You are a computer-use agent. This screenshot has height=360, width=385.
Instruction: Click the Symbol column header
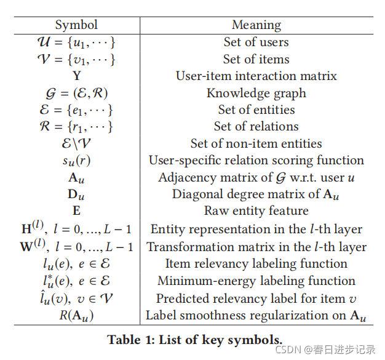[76, 25]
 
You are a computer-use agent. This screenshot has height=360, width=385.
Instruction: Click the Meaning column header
[256, 25]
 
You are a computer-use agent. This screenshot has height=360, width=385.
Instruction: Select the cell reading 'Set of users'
[256, 42]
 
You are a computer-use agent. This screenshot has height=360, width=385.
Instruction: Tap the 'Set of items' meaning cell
[256, 59]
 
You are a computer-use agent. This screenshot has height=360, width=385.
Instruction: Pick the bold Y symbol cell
[76, 76]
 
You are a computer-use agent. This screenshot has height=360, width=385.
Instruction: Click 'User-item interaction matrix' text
[256, 76]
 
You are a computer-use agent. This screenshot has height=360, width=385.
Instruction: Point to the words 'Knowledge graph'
[256, 94]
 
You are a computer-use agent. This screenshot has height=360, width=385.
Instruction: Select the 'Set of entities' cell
[256, 110]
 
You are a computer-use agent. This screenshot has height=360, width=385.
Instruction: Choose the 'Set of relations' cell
[256, 127]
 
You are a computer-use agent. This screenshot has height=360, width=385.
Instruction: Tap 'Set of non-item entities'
[256, 144]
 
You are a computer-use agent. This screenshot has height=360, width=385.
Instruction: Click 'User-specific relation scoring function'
[256, 161]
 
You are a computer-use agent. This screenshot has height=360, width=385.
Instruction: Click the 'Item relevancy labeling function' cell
[256, 263]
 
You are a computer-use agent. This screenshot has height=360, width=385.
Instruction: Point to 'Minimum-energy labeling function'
[256, 281]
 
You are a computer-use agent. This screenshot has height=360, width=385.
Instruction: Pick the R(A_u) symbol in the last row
[76, 316]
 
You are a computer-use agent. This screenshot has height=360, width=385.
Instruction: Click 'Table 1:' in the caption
[130, 339]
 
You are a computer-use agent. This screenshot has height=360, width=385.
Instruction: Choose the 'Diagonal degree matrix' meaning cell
[256, 194]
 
